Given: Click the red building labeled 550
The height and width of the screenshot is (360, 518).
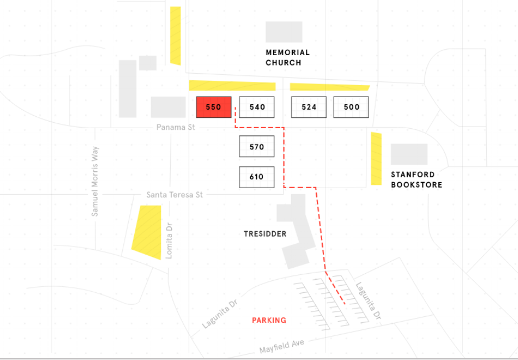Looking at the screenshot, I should (214, 107).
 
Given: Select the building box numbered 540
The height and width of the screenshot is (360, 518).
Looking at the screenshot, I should (257, 107).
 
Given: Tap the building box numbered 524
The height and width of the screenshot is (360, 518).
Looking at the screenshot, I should (309, 107).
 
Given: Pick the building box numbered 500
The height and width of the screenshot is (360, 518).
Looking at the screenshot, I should (351, 107).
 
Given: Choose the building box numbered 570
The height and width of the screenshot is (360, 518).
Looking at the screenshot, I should (256, 147).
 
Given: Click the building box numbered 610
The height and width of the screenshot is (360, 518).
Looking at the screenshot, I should (256, 177).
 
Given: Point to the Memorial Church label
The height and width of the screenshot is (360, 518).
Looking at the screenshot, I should (287, 57).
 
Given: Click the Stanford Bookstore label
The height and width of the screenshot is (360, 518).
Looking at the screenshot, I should (416, 179).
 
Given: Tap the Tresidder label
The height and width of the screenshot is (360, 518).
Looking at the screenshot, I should (265, 234).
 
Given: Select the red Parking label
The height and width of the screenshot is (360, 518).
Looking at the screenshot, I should (269, 320).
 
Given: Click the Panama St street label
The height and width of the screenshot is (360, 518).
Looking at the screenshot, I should (176, 127).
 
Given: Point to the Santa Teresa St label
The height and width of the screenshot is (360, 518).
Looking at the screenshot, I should (174, 195).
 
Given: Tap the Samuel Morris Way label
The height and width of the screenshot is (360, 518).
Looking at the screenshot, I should (95, 181).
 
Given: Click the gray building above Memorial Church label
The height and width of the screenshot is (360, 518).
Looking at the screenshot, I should (284, 32).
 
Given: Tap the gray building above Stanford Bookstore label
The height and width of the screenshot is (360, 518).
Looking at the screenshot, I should (409, 154).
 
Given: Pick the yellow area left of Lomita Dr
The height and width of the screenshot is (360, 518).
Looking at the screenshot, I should (147, 231).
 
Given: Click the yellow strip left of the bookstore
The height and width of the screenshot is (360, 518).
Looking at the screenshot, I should (376, 158).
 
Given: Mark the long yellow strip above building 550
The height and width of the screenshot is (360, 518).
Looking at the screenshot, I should (232, 86).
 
